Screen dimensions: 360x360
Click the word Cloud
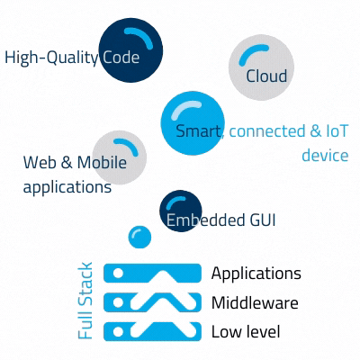[266, 76]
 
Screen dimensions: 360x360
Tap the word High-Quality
[51, 58]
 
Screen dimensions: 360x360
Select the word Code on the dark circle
[121, 57]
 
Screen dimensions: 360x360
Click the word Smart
[198, 131]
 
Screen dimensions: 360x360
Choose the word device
[325, 155]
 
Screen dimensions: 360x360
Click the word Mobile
[102, 162]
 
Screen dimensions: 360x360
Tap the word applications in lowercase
[67, 187]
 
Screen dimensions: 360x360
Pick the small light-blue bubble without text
[139, 237]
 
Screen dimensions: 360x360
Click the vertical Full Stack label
[85, 301]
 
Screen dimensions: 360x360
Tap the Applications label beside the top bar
[256, 274]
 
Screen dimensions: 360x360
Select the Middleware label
[255, 302]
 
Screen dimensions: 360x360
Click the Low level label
[246, 332]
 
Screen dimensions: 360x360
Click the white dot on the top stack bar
[119, 274]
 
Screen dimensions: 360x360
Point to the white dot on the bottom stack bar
[119, 332]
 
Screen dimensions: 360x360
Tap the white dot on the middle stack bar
[119, 302]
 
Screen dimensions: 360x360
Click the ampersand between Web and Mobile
[67, 162]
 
